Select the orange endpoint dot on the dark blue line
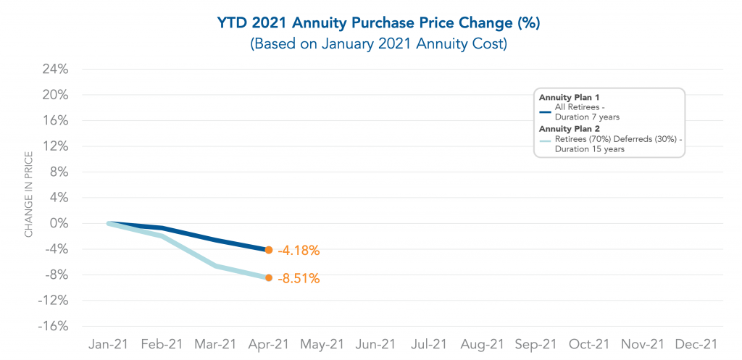tap(269, 250)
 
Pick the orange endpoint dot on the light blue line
tap(269, 277)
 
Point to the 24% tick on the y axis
tap(55, 70)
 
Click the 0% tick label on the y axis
tap(59, 223)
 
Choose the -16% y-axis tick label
tap(52, 326)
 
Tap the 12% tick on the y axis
tap(55, 146)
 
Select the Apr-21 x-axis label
tap(269, 343)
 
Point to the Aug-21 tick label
tap(482, 343)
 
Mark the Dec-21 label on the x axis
tap(696, 343)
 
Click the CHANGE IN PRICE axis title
tap(29, 194)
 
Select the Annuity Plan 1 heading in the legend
tap(569, 97)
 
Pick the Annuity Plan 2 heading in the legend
tap(569, 128)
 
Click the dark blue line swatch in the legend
tap(546, 112)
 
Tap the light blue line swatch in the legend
tap(546, 143)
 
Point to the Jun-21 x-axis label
tap(375, 343)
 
